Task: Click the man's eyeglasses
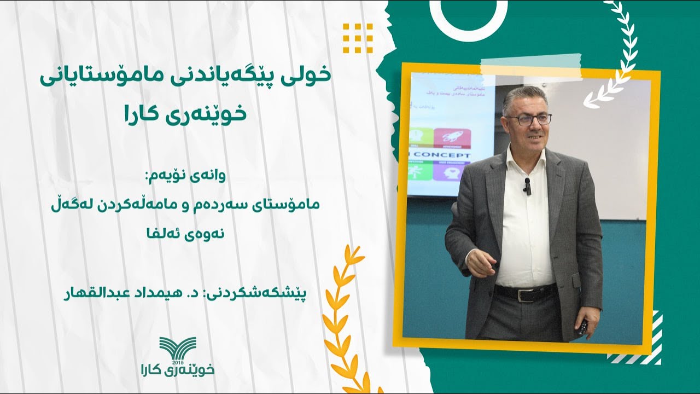[x=528, y=119]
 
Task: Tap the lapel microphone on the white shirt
[x=527, y=187]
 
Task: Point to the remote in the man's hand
[x=582, y=328]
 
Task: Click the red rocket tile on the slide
[x=452, y=138]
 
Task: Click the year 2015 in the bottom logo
[x=177, y=363]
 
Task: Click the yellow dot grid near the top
[x=358, y=38]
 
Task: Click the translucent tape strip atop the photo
[x=531, y=66]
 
